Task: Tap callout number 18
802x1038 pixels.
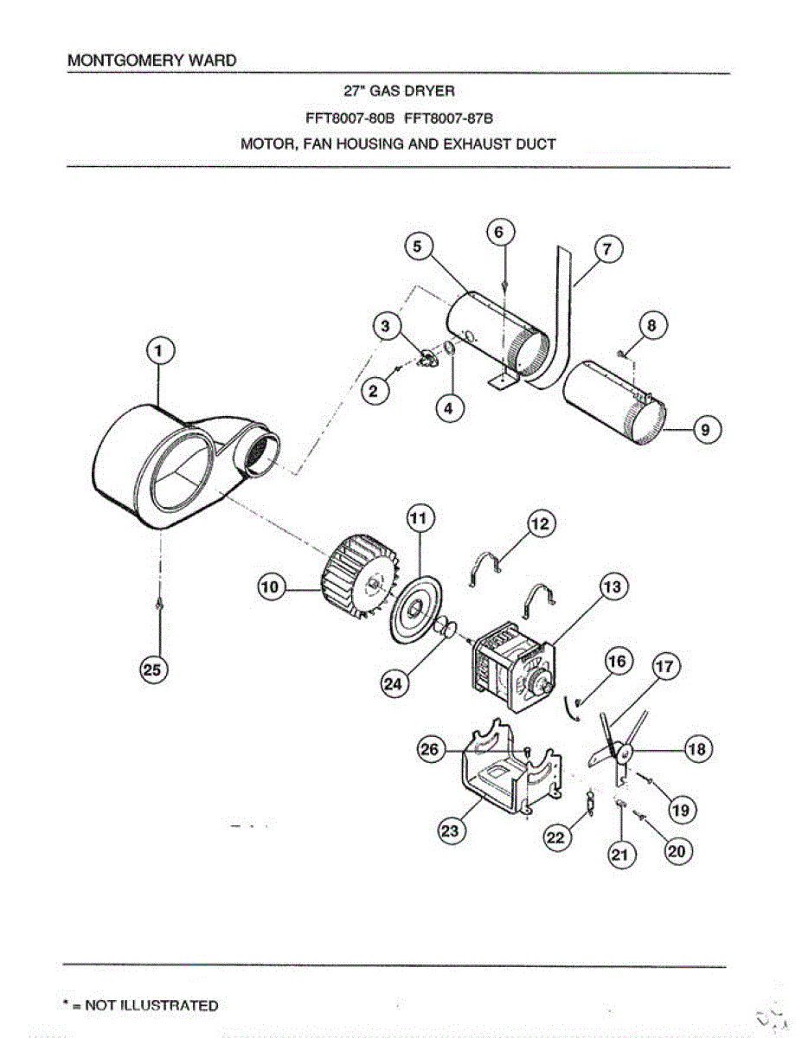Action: pyautogui.click(x=697, y=749)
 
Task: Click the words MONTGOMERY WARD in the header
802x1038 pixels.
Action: pyautogui.click(x=151, y=61)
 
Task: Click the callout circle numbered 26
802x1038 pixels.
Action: pyautogui.click(x=430, y=750)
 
